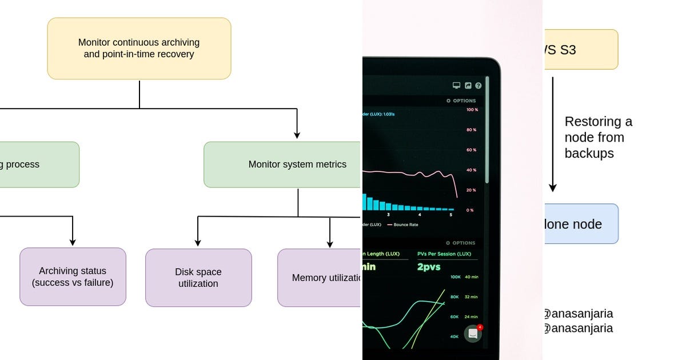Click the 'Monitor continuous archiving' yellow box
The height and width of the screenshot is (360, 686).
[139, 49]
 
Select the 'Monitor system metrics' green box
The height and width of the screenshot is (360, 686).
[283, 165]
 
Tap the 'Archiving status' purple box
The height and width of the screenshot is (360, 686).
[73, 277]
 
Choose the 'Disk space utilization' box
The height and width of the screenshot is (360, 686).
[198, 278]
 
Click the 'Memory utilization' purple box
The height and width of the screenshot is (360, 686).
[320, 278]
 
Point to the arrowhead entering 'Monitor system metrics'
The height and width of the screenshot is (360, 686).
[297, 135]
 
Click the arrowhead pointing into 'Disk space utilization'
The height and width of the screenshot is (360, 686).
[198, 242]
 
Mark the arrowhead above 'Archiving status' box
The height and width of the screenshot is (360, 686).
[73, 241]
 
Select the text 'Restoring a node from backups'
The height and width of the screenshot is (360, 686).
[598, 137]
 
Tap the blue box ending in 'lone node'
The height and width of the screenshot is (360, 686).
[580, 224]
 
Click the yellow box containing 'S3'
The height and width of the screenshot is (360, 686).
[580, 50]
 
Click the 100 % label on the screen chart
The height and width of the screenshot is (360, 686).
[472, 110]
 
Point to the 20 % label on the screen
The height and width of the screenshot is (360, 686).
[471, 190]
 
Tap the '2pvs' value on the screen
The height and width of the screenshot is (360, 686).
[429, 267]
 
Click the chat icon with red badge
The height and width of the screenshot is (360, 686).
[473, 334]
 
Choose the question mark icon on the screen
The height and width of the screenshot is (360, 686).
[478, 86]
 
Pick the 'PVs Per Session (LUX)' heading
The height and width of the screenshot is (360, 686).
[444, 254]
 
